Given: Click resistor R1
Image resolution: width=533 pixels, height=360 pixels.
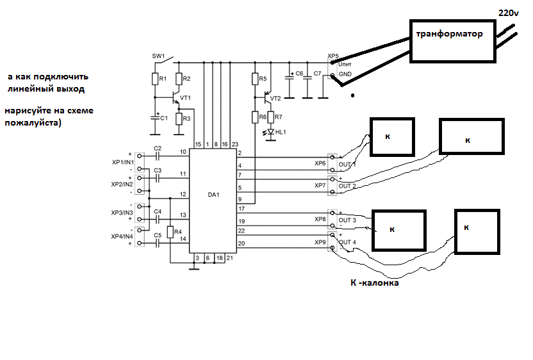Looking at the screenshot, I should tap(155, 79).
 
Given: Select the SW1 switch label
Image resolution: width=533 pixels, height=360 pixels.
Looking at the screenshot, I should tap(158, 56).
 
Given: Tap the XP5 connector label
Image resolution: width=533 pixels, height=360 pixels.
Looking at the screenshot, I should tap(332, 56).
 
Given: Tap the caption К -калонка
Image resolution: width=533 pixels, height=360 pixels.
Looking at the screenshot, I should tap(375, 282).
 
